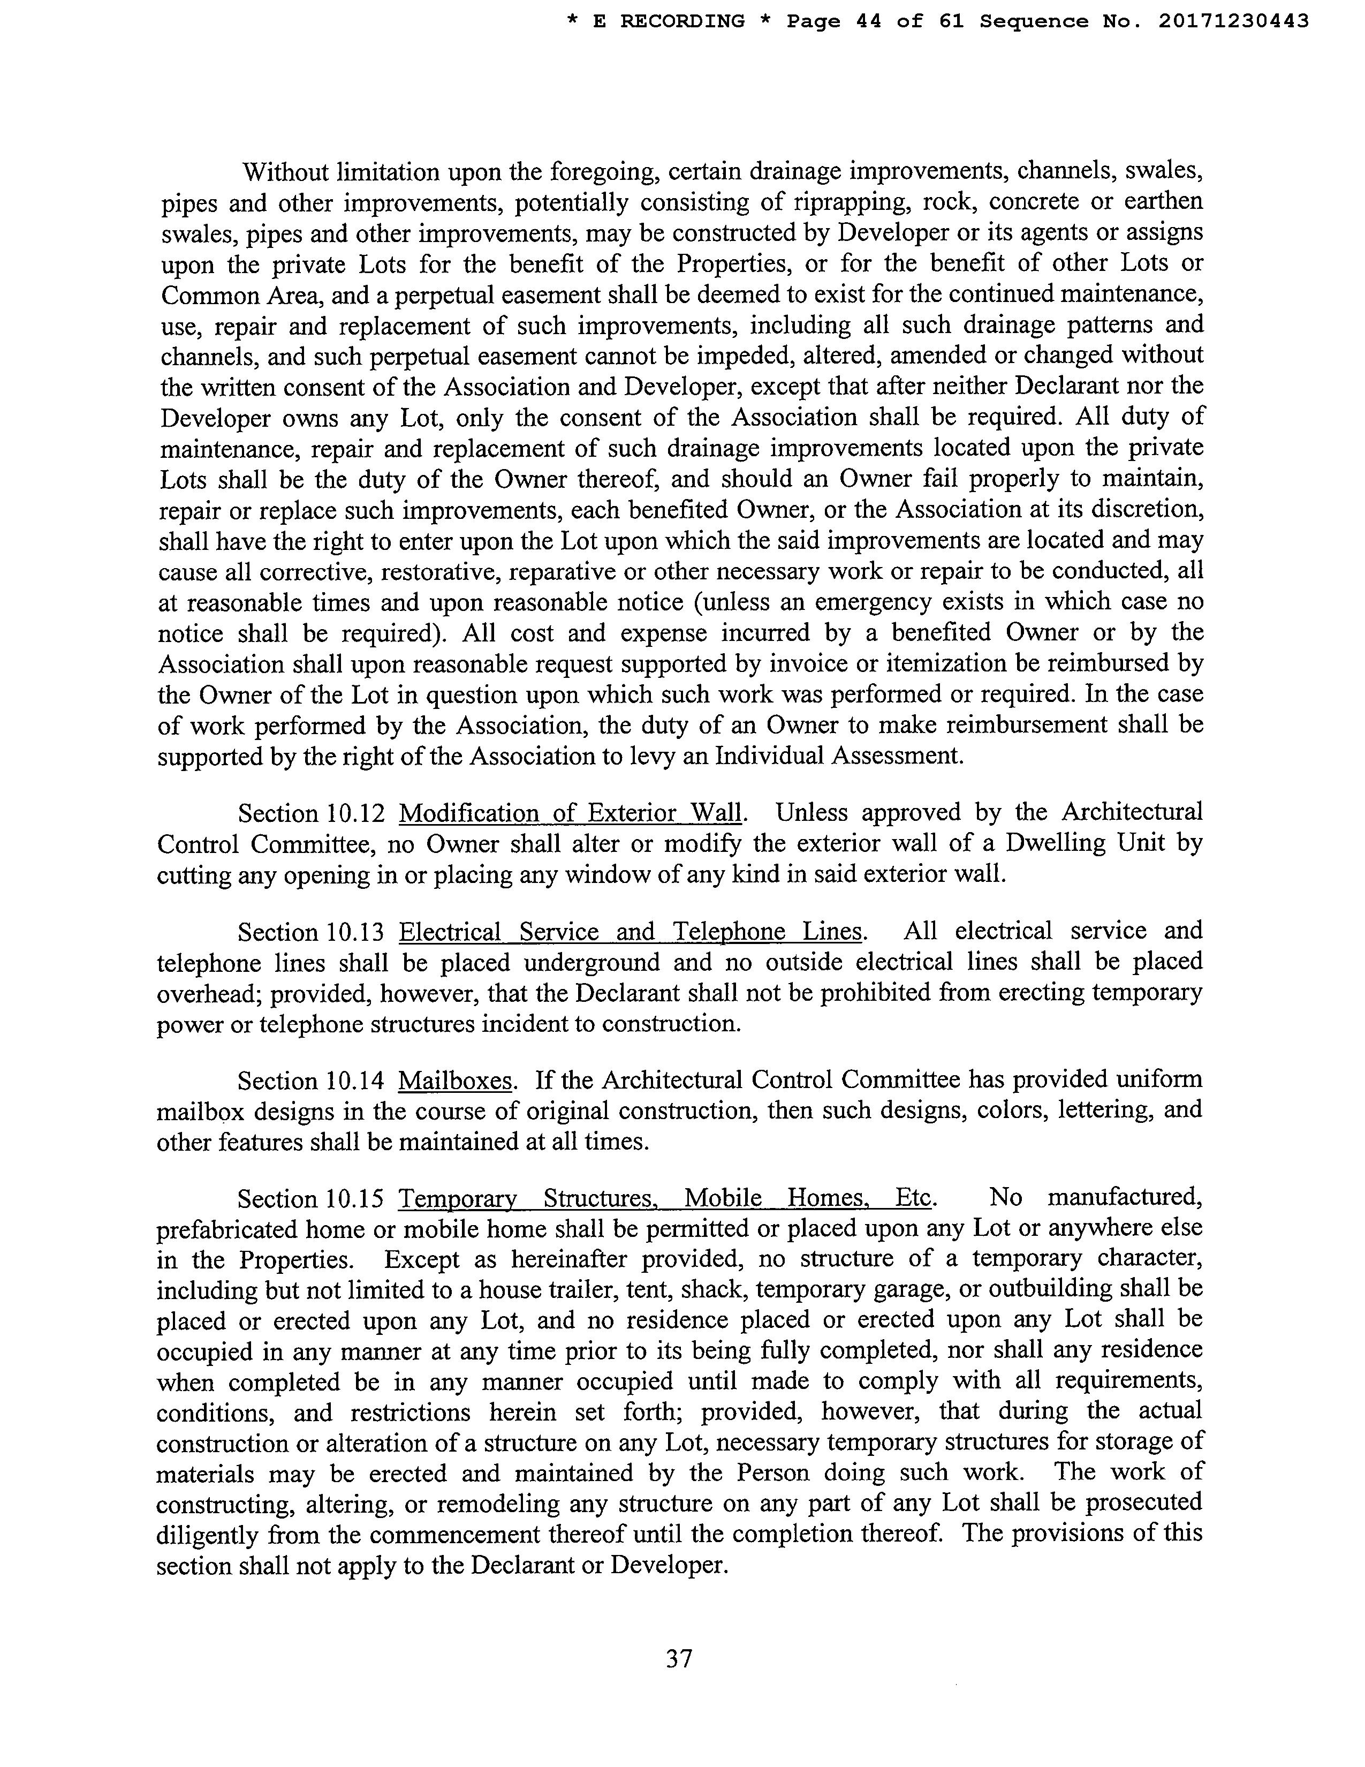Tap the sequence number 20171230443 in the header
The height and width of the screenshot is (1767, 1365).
1233,21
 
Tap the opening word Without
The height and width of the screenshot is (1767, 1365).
286,172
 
